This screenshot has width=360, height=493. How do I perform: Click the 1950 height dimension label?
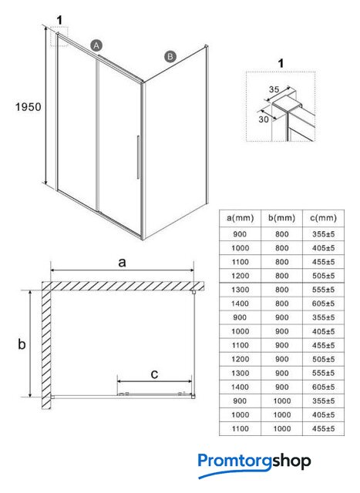tap(29, 107)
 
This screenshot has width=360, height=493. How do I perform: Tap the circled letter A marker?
tap(96, 45)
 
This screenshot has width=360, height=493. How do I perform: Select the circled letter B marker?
tap(170, 56)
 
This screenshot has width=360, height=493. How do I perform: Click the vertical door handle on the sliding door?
tap(138, 157)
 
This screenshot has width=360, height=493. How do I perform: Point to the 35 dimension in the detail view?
tap(274, 89)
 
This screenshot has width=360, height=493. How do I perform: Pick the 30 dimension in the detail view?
tap(264, 119)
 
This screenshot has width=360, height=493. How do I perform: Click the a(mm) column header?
tap(240, 218)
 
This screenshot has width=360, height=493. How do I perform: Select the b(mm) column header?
tap(282, 218)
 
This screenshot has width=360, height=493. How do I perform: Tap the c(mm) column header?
tap(324, 218)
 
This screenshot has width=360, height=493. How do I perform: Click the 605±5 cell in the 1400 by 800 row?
tap(324, 304)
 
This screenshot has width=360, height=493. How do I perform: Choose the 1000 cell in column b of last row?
tap(282, 428)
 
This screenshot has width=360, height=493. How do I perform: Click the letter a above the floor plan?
tap(122, 262)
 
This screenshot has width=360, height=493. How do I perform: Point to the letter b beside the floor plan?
tap(22, 344)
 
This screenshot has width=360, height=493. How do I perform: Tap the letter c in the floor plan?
tap(154, 374)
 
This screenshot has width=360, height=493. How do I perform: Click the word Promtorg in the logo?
tap(235, 461)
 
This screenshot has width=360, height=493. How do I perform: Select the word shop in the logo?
tap(291, 461)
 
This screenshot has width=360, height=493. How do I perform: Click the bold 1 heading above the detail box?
tap(281, 63)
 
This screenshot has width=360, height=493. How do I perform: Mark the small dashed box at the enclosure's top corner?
tap(59, 36)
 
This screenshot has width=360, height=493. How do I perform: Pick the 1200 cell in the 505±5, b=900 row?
tap(240, 359)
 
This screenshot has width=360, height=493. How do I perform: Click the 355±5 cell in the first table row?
tap(324, 234)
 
